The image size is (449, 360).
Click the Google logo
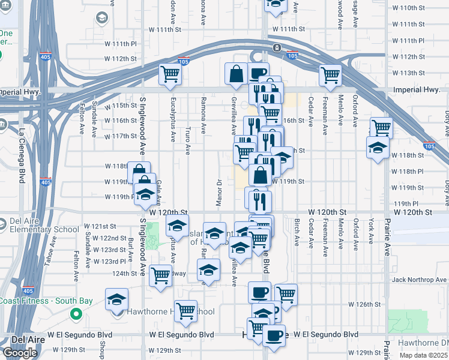[20, 353]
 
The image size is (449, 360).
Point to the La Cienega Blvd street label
[22, 147]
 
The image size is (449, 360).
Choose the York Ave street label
[371, 231]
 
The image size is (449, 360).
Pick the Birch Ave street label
[297, 231]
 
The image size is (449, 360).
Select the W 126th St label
[364, 304]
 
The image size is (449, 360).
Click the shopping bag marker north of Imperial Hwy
[237, 74]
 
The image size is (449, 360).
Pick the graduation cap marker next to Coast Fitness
[116, 299]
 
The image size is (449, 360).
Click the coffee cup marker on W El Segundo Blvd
[274, 334]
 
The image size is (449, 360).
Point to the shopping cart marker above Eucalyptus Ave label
[170, 75]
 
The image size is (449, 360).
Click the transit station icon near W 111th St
[276, 48]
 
